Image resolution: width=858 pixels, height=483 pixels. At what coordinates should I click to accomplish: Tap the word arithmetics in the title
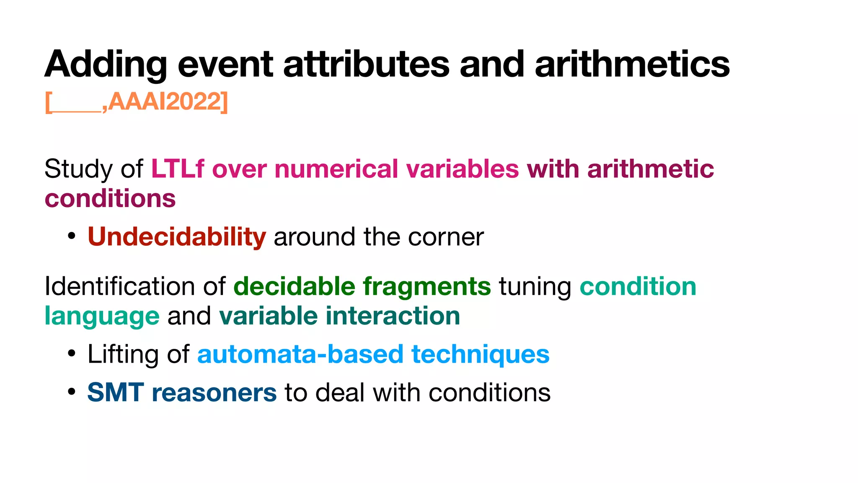click(x=632, y=64)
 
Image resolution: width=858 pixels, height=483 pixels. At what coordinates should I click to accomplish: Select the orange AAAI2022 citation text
click(x=168, y=101)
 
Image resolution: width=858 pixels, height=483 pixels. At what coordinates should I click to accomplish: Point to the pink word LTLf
click(x=178, y=169)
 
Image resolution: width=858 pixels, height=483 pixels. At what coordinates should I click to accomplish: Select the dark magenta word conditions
click(x=110, y=198)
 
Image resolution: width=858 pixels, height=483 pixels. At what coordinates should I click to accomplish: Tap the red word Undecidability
click(x=176, y=237)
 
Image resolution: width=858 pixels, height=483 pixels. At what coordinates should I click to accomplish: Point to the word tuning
click(x=535, y=287)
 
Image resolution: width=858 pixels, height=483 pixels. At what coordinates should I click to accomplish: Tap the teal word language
click(x=102, y=317)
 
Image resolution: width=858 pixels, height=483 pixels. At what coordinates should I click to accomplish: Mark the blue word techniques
click(x=480, y=354)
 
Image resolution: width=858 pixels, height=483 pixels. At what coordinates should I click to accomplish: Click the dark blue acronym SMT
click(x=115, y=393)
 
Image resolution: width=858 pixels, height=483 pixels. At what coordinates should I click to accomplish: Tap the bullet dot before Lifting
click(x=72, y=354)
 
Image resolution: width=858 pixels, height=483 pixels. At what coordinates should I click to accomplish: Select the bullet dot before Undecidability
click(x=72, y=236)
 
